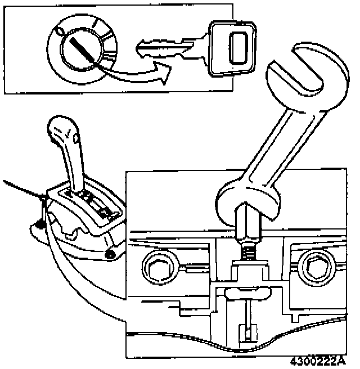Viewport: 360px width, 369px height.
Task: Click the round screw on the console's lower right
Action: point(110,254)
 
